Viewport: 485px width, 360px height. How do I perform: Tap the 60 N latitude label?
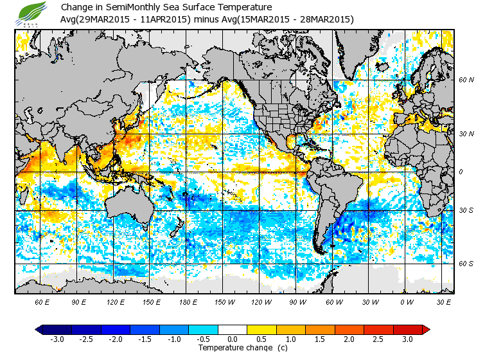pos(466,80)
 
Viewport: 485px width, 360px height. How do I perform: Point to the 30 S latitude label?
pos(466,210)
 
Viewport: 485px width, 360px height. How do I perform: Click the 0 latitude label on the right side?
pos(461,172)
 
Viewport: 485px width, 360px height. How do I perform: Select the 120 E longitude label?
pos(115,302)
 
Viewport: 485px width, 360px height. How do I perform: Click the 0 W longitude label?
pos(407,302)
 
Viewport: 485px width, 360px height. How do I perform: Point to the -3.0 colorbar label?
pos(57,339)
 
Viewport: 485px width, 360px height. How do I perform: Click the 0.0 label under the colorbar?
pos(233,339)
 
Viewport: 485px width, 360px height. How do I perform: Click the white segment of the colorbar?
pos(233,329)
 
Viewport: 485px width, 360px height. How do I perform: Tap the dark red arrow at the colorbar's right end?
pos(425,329)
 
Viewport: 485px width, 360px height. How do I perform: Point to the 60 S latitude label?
pos(466,263)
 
